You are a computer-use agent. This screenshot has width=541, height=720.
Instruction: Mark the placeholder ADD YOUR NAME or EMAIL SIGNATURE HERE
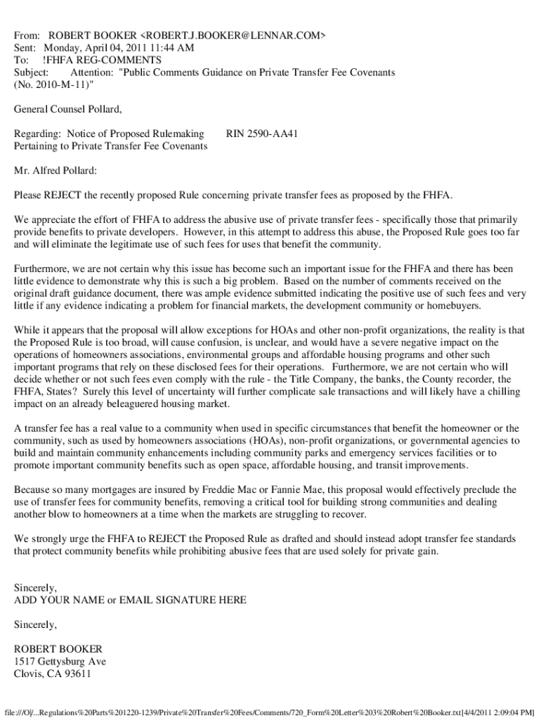(x=131, y=600)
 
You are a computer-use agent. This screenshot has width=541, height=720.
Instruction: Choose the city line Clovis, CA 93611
(x=53, y=674)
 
